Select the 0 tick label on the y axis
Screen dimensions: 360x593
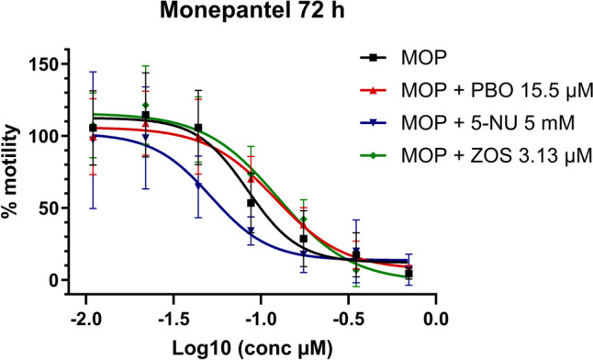click(x=56, y=280)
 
